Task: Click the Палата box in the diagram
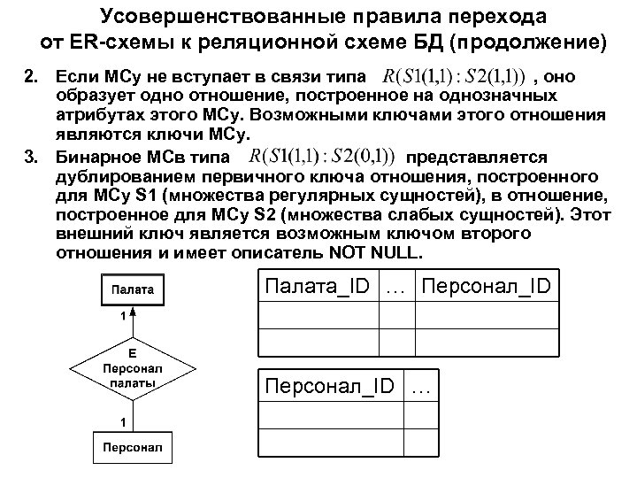point(131,289)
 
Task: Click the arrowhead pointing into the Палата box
point(131,310)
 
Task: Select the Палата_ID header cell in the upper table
point(317,288)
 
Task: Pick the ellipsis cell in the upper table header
point(398,288)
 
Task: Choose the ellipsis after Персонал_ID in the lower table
point(422,386)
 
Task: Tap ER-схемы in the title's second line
point(110,42)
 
